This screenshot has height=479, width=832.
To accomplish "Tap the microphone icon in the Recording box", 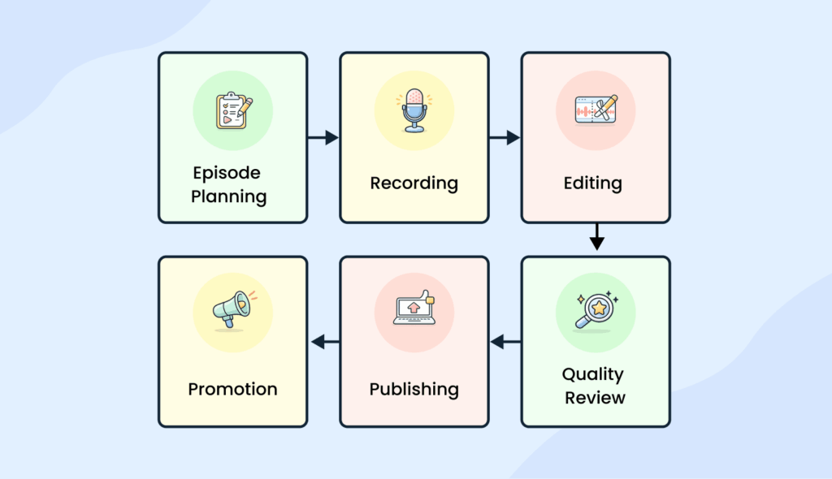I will point(414,109).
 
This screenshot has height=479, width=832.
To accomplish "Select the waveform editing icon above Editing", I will point(596,110).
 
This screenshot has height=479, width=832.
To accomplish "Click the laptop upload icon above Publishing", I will point(414,310).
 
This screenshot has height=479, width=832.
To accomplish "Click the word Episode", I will point(227,173).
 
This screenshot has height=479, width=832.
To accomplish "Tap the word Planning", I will point(228,196).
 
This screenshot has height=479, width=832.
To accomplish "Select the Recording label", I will point(414,183).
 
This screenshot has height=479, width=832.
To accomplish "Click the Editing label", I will point(593,183).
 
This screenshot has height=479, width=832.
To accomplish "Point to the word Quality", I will point(593,374).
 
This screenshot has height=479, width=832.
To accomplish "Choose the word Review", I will point(596,398).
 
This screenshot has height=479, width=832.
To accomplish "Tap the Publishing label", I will point(414,389).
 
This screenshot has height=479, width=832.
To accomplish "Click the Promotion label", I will point(233,389).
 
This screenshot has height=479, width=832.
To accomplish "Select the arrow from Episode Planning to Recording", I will point(323,138).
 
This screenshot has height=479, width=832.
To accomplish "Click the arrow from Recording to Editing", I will point(505,138).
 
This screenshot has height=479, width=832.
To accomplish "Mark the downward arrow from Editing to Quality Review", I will point(597,237).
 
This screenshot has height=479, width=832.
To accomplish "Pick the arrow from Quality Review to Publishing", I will point(506,343).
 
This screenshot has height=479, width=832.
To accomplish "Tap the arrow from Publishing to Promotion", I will point(325,343).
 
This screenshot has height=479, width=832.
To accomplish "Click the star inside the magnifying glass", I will point(600,308).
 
